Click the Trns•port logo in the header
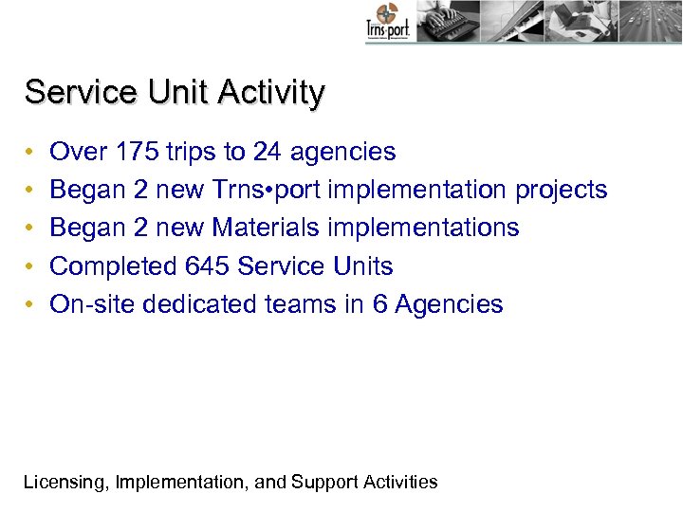pos(387,22)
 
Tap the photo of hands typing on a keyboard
pos(446,21)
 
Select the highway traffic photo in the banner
pos(652,21)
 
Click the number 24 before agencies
pos(268,152)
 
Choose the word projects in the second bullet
pos(561,190)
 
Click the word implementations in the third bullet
pos(417,228)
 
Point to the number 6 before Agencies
pos(379,304)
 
